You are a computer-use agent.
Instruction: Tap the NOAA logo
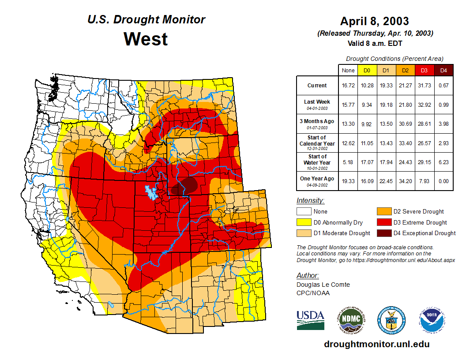(x=432, y=320)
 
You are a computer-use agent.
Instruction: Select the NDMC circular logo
(x=350, y=320)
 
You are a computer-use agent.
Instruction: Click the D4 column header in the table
(x=444, y=70)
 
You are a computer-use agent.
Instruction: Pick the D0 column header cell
(x=367, y=70)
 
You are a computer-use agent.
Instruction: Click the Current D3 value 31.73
(x=425, y=85)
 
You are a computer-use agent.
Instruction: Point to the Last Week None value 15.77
(x=348, y=105)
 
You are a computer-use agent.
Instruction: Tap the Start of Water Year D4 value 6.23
(x=444, y=162)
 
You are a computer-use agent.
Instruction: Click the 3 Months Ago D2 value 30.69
(x=405, y=124)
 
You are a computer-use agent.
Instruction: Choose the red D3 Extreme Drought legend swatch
(x=383, y=222)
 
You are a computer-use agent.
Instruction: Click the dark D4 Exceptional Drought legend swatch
(x=383, y=233)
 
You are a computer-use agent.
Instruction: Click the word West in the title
(x=146, y=39)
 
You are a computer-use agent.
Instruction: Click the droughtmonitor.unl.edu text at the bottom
(x=376, y=344)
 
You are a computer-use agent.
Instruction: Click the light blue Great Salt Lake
(x=151, y=193)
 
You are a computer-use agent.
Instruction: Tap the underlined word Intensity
(x=310, y=201)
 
